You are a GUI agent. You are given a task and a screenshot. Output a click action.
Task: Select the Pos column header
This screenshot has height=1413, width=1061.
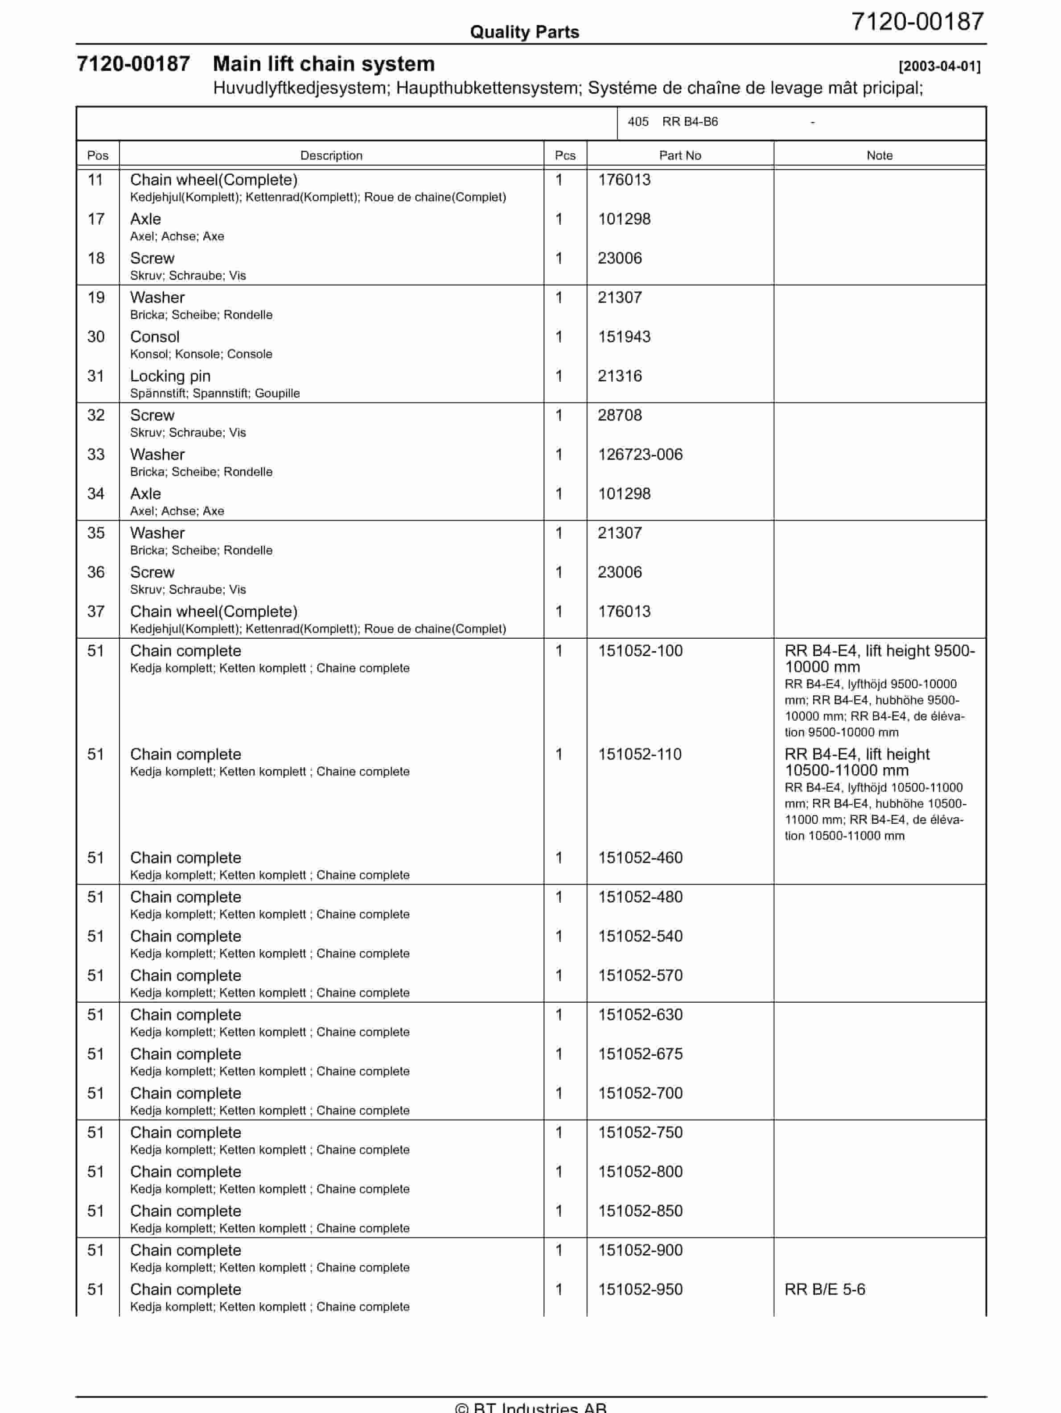(98, 155)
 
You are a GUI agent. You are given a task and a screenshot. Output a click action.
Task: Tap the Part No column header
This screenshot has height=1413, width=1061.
(680, 155)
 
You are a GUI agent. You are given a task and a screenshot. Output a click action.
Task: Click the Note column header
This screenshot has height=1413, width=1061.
(879, 155)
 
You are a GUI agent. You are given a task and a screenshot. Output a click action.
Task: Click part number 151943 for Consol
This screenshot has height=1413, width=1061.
(624, 337)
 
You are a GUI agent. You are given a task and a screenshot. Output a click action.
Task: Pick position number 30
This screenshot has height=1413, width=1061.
(96, 337)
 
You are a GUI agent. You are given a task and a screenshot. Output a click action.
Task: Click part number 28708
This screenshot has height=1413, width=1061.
(619, 415)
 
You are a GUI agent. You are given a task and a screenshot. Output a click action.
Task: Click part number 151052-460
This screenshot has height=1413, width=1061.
(640, 857)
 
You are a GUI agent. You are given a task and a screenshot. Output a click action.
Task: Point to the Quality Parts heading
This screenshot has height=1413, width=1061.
(524, 32)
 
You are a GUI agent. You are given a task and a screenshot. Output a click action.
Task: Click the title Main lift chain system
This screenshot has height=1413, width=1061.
(323, 64)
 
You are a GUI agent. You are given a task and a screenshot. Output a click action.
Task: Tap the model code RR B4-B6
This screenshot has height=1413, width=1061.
(690, 121)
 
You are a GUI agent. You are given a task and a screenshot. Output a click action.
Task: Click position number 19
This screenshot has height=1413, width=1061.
(96, 297)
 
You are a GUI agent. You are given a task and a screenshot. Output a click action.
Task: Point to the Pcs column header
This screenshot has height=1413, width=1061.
(565, 155)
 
